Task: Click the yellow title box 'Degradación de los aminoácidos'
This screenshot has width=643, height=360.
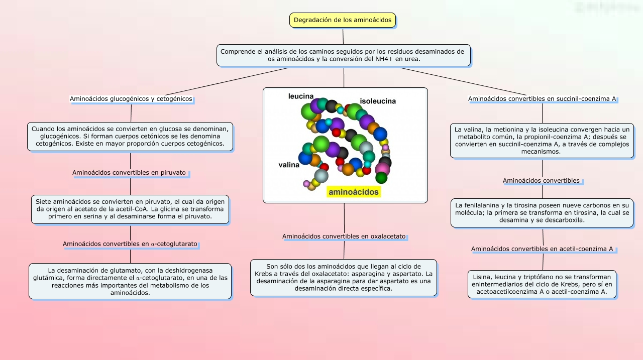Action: click(343, 20)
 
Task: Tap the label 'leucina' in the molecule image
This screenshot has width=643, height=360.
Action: click(301, 96)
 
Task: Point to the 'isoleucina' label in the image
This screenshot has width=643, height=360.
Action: click(377, 101)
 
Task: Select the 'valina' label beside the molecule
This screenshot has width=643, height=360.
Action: click(289, 165)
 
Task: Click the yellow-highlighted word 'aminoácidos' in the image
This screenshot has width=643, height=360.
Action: click(353, 192)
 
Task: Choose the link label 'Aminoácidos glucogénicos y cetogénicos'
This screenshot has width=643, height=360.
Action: click(131, 99)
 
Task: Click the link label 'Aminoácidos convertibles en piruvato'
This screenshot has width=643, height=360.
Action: click(129, 173)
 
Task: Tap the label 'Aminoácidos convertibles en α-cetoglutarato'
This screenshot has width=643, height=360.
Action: click(130, 244)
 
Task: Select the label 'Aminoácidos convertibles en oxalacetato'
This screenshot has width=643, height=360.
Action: click(344, 236)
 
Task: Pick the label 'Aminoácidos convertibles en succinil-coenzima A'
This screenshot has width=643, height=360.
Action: click(542, 99)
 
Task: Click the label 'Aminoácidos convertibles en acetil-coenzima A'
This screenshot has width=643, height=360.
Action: click(542, 249)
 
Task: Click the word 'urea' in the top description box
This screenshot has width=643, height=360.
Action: click(410, 59)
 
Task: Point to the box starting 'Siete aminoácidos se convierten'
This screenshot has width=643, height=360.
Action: click(130, 209)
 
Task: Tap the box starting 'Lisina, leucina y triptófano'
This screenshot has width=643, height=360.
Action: click(542, 284)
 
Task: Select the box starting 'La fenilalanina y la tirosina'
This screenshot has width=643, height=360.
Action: click(542, 212)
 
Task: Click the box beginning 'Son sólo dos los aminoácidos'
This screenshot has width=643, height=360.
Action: click(344, 277)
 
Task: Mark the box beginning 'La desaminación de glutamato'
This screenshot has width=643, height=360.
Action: click(130, 281)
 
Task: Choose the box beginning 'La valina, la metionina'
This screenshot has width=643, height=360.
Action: click(542, 140)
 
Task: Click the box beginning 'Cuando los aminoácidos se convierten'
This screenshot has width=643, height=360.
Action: click(130, 136)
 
